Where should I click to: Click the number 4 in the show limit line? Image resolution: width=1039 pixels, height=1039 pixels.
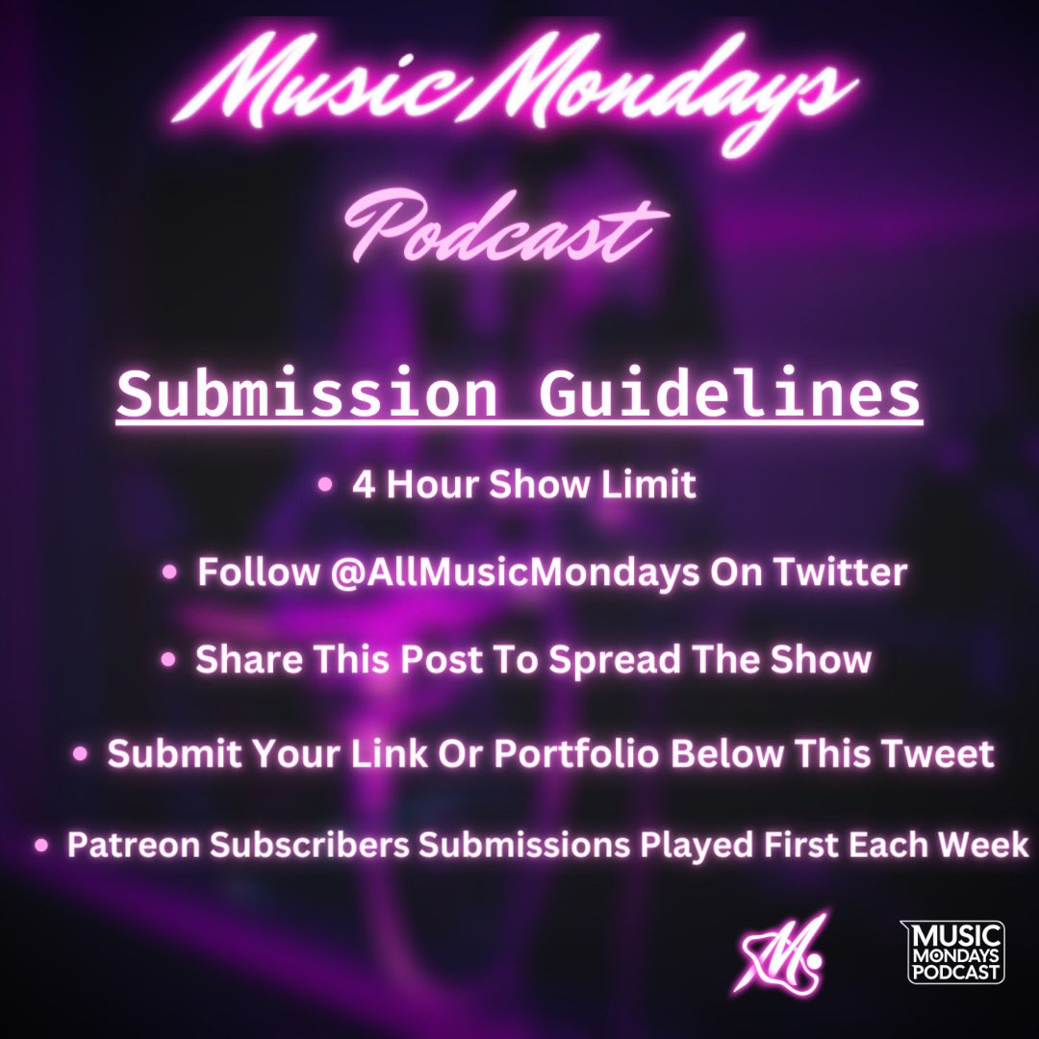[x=363, y=485]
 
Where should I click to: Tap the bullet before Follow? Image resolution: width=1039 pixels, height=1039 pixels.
[x=170, y=573]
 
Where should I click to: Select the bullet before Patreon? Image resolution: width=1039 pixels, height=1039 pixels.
[x=41, y=846]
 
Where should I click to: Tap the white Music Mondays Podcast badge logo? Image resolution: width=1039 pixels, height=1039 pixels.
[x=951, y=951]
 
